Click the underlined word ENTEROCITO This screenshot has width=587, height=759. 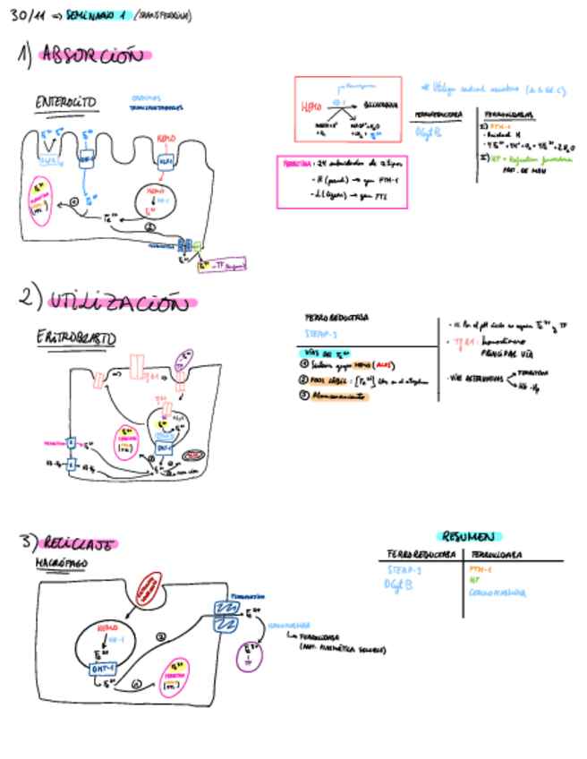(x=66, y=103)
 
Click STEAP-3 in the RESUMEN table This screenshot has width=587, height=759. (x=405, y=569)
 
